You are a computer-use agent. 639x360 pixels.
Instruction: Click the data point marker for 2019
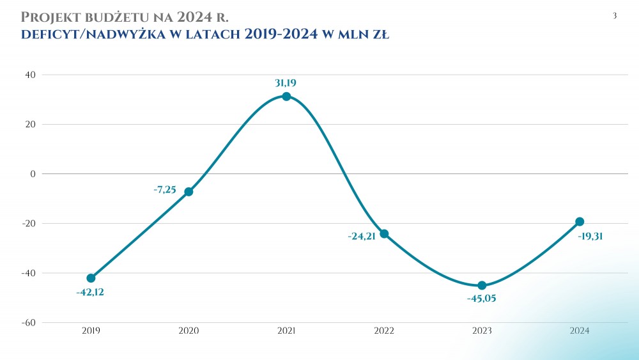point(91,278)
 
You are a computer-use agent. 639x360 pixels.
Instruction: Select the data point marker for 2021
point(286,97)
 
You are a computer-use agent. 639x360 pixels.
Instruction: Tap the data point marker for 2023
point(482,285)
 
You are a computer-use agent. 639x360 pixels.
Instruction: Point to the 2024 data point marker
point(580,222)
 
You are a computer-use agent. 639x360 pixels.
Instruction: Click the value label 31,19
point(286,82)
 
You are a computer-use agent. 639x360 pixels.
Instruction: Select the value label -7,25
point(165,190)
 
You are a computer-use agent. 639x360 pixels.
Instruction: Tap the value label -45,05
point(482,298)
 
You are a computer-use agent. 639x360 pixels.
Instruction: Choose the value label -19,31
point(590,236)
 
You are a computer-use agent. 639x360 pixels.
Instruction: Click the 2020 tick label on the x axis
point(189,331)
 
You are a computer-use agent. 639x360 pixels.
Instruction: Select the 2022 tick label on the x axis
point(384,331)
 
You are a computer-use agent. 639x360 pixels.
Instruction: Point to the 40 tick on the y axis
point(29,75)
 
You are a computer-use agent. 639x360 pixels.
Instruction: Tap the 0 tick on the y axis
point(33,174)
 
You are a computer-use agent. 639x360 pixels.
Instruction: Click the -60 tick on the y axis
point(27,322)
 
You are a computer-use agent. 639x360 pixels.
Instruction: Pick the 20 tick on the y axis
point(29,124)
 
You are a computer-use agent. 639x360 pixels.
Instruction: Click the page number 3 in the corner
point(615,16)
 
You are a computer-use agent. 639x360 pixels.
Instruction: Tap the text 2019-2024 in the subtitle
point(281,35)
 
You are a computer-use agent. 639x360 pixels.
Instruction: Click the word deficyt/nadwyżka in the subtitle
point(92,35)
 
